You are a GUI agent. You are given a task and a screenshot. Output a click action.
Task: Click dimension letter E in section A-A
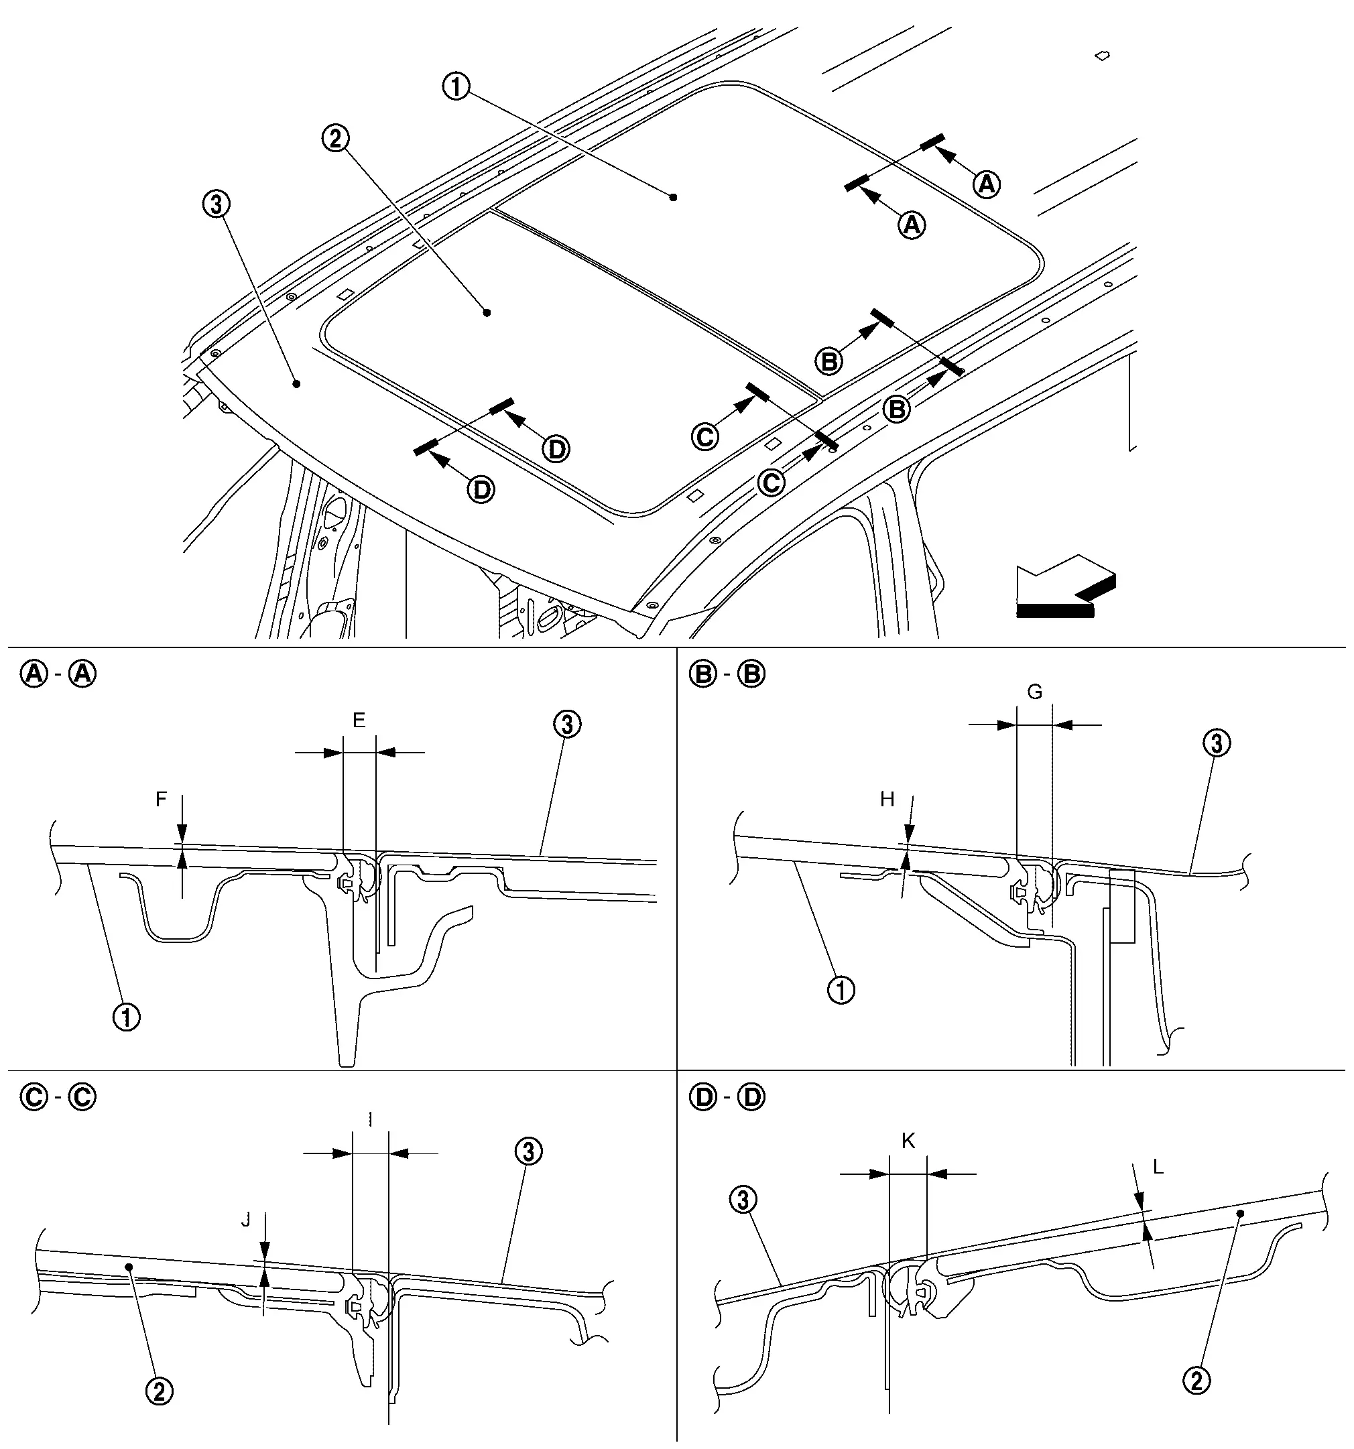[x=359, y=720]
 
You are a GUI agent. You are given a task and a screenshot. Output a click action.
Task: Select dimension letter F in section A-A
[x=161, y=800]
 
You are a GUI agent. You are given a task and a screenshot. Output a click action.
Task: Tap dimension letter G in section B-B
[x=1035, y=692]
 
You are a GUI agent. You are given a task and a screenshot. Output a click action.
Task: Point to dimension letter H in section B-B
[x=887, y=800]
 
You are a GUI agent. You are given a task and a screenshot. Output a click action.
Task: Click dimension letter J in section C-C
[x=246, y=1219]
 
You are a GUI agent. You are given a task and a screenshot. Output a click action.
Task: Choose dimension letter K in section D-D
[x=908, y=1141]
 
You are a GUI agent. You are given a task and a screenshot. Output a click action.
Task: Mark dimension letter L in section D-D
[x=1158, y=1168]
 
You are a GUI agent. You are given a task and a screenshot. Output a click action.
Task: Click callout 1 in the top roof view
[x=456, y=88]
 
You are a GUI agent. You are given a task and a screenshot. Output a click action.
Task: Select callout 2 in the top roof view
[x=335, y=139]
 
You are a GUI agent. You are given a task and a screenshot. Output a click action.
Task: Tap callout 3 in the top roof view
[x=216, y=205]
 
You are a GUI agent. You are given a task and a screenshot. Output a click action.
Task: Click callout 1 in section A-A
[x=126, y=1017]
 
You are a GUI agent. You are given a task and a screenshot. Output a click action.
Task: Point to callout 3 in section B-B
[x=1215, y=744]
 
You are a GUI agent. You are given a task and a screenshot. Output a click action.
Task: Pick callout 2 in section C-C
[x=160, y=1391]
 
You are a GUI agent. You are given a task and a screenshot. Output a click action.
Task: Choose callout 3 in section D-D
[x=742, y=1200]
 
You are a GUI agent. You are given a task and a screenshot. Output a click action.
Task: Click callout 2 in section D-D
[x=1196, y=1380]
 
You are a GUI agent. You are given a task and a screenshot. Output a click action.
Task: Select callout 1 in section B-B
[x=841, y=991]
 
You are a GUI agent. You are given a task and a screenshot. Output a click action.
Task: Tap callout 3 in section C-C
[x=528, y=1152]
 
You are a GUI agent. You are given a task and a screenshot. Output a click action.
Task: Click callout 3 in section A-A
[x=567, y=724]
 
